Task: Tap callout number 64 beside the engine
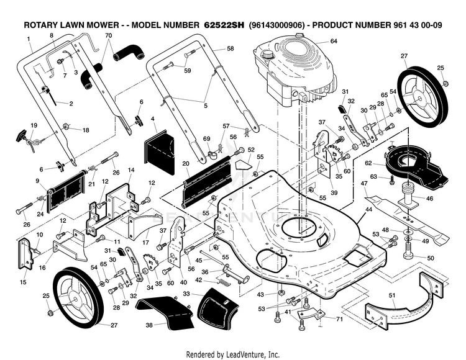[334, 41]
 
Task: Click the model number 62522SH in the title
[224, 25]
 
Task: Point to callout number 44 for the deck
[368, 210]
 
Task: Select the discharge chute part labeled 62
[416, 167]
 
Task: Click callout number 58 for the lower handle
[230, 48]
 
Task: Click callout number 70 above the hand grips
[109, 36]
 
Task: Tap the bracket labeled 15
[26, 254]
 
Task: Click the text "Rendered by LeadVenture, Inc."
[233, 354]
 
